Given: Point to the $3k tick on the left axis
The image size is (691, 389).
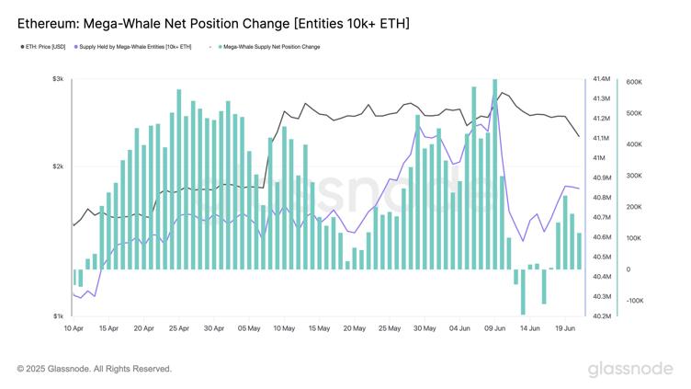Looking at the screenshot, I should tap(57, 79).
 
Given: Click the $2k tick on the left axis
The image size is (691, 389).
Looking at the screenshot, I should tap(57, 166).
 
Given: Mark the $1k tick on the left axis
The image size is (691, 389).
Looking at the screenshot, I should tap(57, 316).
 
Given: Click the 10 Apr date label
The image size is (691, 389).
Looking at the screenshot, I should tap(74, 327).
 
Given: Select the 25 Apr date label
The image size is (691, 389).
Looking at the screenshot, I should tap(178, 327).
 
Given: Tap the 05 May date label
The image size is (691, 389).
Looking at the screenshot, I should tap(249, 327).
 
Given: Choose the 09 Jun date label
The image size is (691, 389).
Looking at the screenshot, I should tap(494, 327).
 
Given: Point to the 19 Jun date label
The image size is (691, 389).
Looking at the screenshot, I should tap(564, 327).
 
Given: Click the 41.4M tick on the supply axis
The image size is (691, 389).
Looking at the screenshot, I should tap(602, 79).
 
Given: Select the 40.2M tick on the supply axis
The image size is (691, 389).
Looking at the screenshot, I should tap(602, 316).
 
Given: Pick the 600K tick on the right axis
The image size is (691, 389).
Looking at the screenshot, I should tap(633, 82).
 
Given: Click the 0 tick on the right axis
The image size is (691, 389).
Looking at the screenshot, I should tap(629, 269).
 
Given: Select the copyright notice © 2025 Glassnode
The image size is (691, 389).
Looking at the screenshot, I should tap(94, 369).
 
